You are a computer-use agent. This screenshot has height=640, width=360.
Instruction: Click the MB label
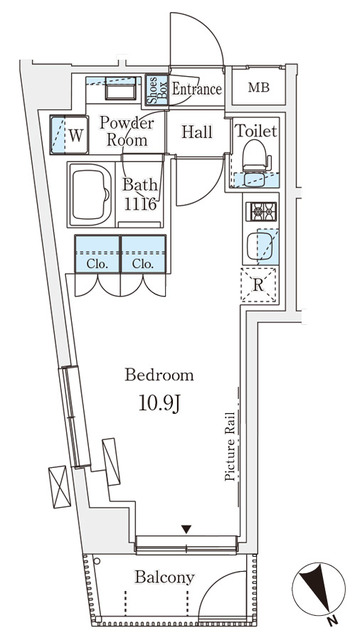tap(259, 88)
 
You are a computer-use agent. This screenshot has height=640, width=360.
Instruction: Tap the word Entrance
tap(197, 89)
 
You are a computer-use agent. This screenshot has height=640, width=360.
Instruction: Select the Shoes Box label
tap(157, 90)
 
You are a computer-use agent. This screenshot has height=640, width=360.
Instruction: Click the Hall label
tap(197, 132)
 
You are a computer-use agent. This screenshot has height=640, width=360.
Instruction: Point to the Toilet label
tap(257, 131)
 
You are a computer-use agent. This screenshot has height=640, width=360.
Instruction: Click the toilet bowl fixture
tap(256, 156)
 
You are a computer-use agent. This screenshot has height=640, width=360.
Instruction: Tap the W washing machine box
tap(69, 135)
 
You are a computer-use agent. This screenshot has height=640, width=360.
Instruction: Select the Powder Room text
tap(127, 131)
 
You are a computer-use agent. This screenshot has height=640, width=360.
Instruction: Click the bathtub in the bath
tap(91, 194)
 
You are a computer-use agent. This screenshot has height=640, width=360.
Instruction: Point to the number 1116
tap(140, 204)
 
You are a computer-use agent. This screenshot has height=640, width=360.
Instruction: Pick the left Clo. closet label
tap(97, 264)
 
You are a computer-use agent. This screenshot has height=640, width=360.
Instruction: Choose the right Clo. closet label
tap(143, 264)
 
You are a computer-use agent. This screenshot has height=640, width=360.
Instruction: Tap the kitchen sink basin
tap(260, 246)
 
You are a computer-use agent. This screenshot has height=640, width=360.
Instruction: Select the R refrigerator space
tap(258, 285)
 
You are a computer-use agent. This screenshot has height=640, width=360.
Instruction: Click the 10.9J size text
tap(159, 404)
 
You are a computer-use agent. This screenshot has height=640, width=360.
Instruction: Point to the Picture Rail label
tap(230, 446)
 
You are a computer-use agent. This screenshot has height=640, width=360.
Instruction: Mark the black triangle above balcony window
tap(186, 529)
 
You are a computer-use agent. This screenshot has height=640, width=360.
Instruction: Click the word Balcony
tap(164, 578)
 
